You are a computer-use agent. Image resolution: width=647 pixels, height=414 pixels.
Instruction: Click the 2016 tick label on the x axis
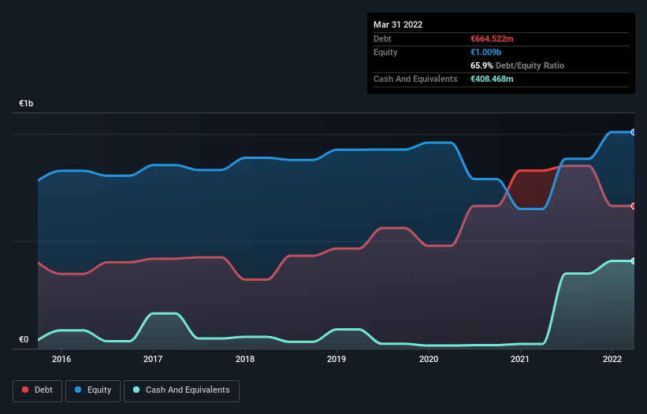[61, 360]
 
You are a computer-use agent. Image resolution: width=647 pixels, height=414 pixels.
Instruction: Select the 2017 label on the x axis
[153, 360]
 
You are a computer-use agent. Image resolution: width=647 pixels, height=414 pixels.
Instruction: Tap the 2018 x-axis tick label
[245, 360]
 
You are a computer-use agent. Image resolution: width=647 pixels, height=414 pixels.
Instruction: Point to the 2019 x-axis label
[337, 360]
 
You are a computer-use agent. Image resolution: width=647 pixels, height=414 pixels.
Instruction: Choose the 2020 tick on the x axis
[429, 360]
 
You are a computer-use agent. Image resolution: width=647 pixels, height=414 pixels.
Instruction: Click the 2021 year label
[520, 360]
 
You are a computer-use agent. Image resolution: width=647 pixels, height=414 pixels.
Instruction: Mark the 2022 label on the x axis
[612, 360]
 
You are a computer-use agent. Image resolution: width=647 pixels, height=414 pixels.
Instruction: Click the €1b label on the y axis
[27, 104]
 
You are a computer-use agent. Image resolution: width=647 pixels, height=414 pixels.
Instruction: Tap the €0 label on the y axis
[24, 340]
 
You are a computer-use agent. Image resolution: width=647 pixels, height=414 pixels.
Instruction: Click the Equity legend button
[93, 390]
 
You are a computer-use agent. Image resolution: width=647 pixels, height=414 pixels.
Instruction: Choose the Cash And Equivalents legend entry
[181, 390]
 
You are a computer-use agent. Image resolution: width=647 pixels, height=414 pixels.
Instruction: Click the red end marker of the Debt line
[634, 206]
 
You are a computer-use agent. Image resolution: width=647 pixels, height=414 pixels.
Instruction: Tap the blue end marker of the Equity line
[634, 132]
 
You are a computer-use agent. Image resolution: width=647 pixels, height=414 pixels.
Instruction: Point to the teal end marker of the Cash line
[634, 261]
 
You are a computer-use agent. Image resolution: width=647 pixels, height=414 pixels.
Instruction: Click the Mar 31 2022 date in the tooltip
[398, 24]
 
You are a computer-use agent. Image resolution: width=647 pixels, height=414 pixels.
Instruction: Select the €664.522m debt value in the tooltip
[493, 39]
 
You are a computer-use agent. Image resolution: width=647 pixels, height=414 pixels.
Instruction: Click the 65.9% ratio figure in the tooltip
[482, 65]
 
